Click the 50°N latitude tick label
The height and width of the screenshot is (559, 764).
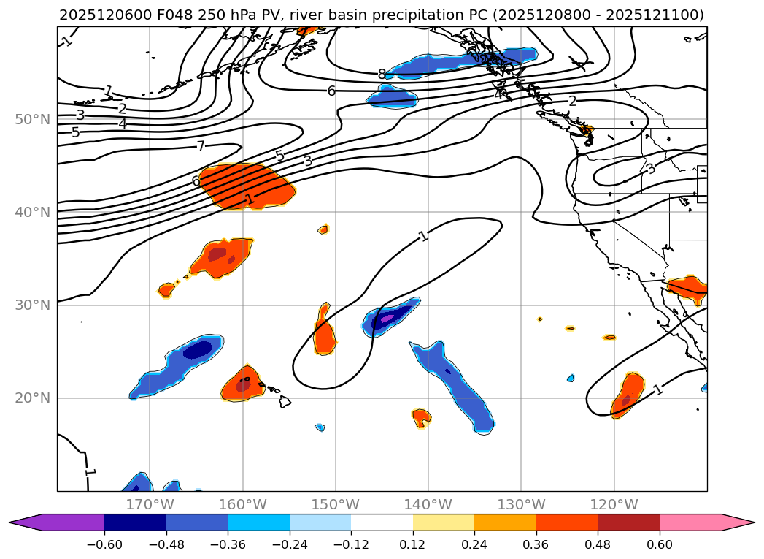(x=33, y=119)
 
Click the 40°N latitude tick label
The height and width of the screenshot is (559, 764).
(x=33, y=212)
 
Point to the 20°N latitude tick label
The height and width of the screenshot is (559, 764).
(x=33, y=398)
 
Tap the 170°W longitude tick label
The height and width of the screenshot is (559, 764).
(x=150, y=504)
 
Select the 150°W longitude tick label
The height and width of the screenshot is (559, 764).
(x=336, y=504)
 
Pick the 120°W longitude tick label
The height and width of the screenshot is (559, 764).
(x=614, y=504)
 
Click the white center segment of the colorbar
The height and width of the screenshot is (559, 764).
(x=382, y=522)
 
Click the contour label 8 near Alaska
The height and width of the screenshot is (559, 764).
(x=382, y=74)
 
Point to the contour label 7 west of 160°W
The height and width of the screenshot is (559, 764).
(x=200, y=146)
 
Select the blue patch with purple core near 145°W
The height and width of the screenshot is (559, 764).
(x=390, y=317)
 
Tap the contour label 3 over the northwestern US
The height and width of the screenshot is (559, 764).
(x=650, y=169)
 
